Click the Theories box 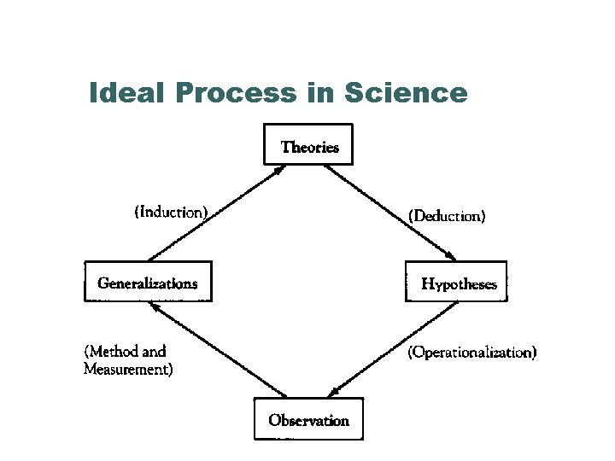(309, 147)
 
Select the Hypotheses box (458, 283)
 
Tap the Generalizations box (147, 283)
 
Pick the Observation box (308, 419)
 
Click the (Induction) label (171, 211)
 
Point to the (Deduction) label (447, 216)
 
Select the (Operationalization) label (472, 352)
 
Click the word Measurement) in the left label (128, 370)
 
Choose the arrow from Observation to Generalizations (218, 348)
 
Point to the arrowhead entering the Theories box (279, 170)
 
